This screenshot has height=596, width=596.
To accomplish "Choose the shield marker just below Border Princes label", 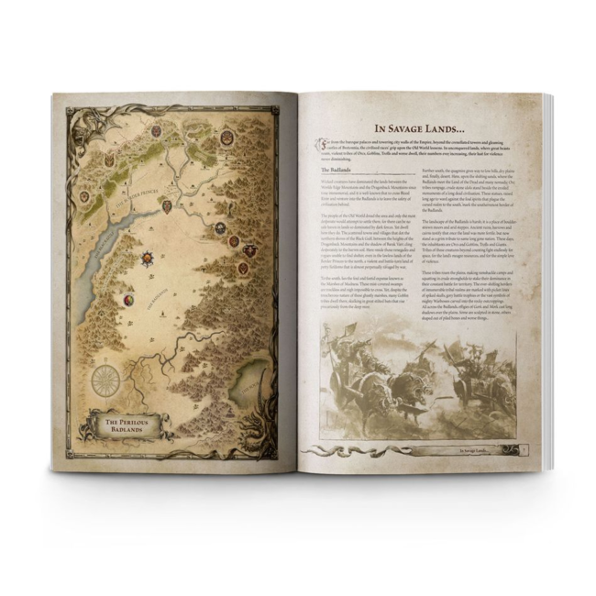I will click(167, 206).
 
